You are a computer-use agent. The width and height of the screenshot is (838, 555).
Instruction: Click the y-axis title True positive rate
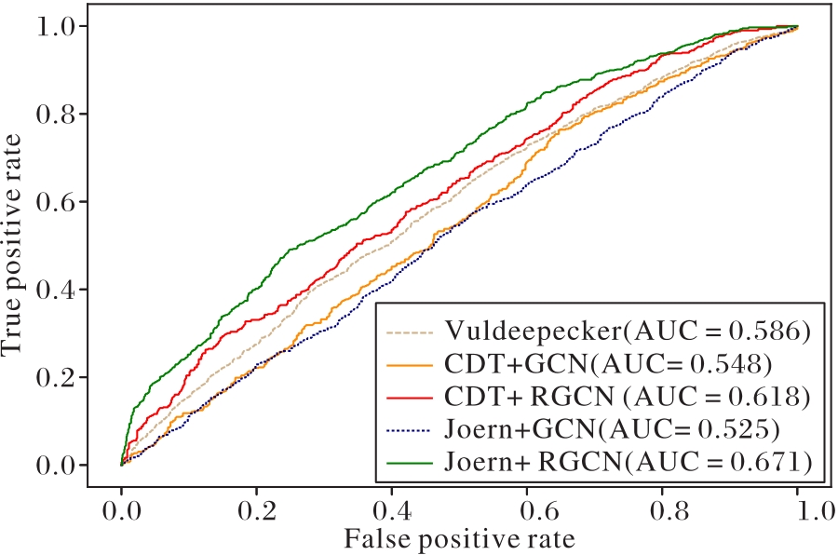[x=13, y=245]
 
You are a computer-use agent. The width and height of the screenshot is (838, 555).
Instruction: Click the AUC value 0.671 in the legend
[x=768, y=460]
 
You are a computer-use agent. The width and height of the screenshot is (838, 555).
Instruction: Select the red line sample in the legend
[x=410, y=397]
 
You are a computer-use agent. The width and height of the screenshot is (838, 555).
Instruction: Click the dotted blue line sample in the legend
[x=410, y=428]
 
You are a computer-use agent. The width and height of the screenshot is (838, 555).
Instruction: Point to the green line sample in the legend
[x=410, y=461]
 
